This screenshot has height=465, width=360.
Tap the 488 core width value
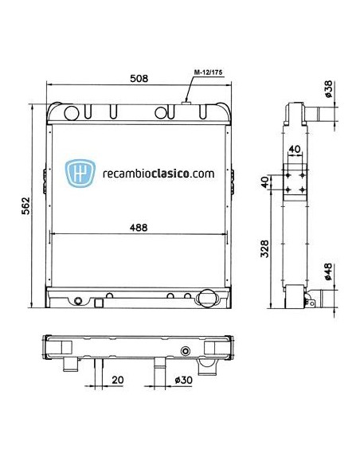coord(139,227)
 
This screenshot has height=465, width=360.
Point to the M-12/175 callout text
coord(209,72)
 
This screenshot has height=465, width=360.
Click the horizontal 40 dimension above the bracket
coord(295,149)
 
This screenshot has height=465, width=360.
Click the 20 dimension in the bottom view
coord(116,380)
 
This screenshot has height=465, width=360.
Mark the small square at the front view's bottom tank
coord(98,302)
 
